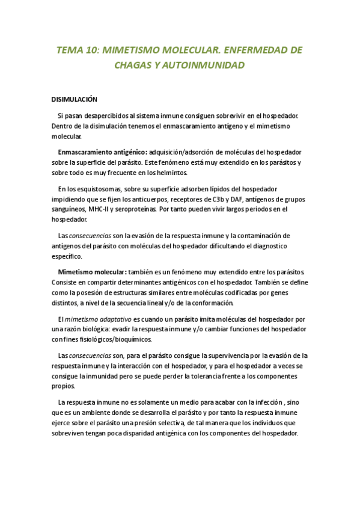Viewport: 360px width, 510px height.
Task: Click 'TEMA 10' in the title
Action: pos(76,50)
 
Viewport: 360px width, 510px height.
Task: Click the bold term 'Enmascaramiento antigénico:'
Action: pos(102,152)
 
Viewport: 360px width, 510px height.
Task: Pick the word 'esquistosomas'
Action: pos(100,188)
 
